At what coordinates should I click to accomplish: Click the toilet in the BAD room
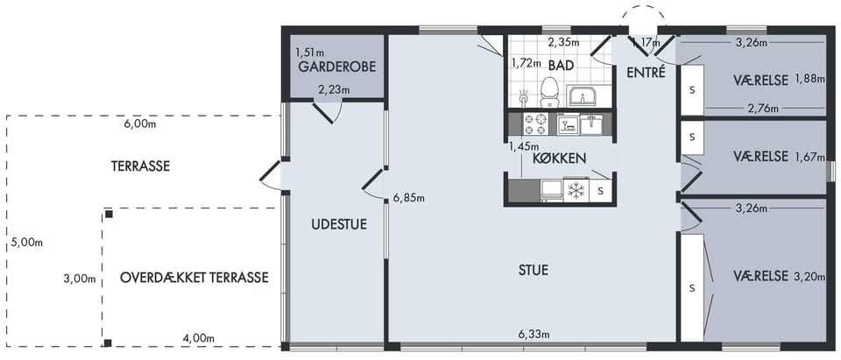pyautogui.click(x=548, y=93)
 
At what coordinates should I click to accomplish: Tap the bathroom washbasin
pyautogui.click(x=582, y=96)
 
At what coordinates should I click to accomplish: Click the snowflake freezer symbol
pyautogui.click(x=576, y=190)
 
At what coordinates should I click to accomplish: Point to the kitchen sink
pyautogui.click(x=591, y=124)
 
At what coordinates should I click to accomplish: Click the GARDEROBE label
pyautogui.click(x=336, y=67)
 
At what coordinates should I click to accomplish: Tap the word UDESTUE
pyautogui.click(x=339, y=224)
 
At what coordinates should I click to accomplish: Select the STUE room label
pyautogui.click(x=534, y=270)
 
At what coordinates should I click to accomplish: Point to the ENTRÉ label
pyautogui.click(x=646, y=72)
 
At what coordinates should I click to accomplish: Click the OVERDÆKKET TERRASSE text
pyautogui.click(x=194, y=278)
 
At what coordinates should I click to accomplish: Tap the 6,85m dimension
pyautogui.click(x=409, y=199)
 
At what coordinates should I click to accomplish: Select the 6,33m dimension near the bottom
pyautogui.click(x=534, y=335)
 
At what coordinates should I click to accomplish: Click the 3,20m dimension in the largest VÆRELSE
pyautogui.click(x=808, y=276)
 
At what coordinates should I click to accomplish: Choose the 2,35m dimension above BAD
pyautogui.click(x=563, y=41)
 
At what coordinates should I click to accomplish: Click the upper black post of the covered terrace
pyautogui.click(x=109, y=214)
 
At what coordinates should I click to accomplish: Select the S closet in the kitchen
pyautogui.click(x=600, y=190)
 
